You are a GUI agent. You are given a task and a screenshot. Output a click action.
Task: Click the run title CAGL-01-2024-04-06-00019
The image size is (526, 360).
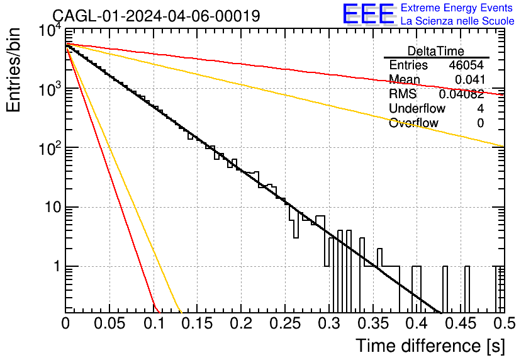[x=156, y=16]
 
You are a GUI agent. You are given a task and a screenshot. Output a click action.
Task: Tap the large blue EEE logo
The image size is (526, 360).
[x=369, y=14]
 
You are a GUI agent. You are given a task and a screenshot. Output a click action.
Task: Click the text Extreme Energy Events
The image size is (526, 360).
[x=457, y=8]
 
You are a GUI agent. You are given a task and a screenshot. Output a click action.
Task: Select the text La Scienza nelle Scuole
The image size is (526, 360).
[x=457, y=21]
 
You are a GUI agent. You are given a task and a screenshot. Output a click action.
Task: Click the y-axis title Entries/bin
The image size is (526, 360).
[x=14, y=70]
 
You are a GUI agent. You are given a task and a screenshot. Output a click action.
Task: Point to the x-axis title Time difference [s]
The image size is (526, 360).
[x=430, y=346]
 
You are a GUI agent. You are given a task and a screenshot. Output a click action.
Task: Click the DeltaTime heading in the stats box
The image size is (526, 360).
[x=436, y=51]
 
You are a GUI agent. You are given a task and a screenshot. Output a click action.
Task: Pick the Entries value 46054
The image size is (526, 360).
[x=467, y=65]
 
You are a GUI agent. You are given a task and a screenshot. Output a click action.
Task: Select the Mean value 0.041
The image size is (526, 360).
[x=470, y=79]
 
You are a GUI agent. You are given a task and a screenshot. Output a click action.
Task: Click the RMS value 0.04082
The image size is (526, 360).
[x=462, y=94]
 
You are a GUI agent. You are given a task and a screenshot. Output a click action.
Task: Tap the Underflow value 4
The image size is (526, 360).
[x=480, y=108]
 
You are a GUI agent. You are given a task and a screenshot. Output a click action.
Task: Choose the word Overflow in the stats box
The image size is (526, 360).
[x=413, y=123]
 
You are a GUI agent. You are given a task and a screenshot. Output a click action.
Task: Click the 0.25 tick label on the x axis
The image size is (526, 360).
[x=285, y=323]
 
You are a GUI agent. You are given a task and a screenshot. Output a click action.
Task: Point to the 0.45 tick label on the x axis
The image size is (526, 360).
[x=461, y=323]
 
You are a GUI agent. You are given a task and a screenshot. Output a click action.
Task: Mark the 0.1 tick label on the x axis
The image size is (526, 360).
[x=154, y=323]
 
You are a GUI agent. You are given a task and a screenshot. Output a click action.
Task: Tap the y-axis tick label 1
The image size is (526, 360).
[x=57, y=267]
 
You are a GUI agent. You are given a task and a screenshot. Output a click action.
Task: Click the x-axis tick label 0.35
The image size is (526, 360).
[x=373, y=323]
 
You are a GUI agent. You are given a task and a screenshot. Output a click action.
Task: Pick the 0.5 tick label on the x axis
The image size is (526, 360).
[x=505, y=323]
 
